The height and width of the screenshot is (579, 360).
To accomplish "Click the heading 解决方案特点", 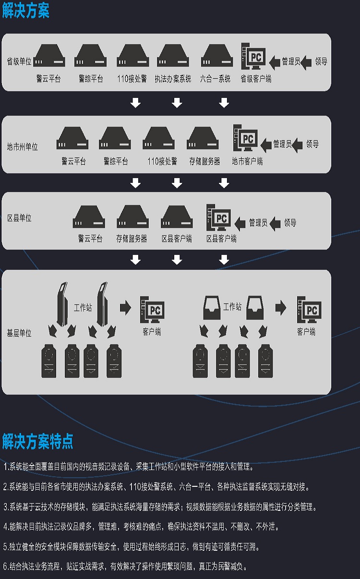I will click(37, 441).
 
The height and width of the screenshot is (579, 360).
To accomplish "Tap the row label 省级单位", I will click(19, 61).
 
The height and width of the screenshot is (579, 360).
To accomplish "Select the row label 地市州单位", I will click(23, 146).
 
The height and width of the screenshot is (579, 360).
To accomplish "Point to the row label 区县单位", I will click(19, 218).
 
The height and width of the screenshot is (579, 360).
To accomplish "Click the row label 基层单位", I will click(19, 333).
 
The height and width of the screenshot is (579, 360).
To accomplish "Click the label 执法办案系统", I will click(173, 79).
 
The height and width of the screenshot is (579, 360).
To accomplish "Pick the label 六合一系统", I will click(215, 79).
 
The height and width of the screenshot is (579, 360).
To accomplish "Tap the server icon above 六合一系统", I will click(216, 57).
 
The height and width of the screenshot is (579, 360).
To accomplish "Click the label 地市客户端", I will click(247, 161).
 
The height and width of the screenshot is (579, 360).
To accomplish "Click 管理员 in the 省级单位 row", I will click(291, 61).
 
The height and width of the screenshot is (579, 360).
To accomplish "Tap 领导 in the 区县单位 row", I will click(290, 223).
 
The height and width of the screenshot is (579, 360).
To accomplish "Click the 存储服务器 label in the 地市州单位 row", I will click(204, 162).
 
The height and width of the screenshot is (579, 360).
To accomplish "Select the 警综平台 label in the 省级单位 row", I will click(91, 79).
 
